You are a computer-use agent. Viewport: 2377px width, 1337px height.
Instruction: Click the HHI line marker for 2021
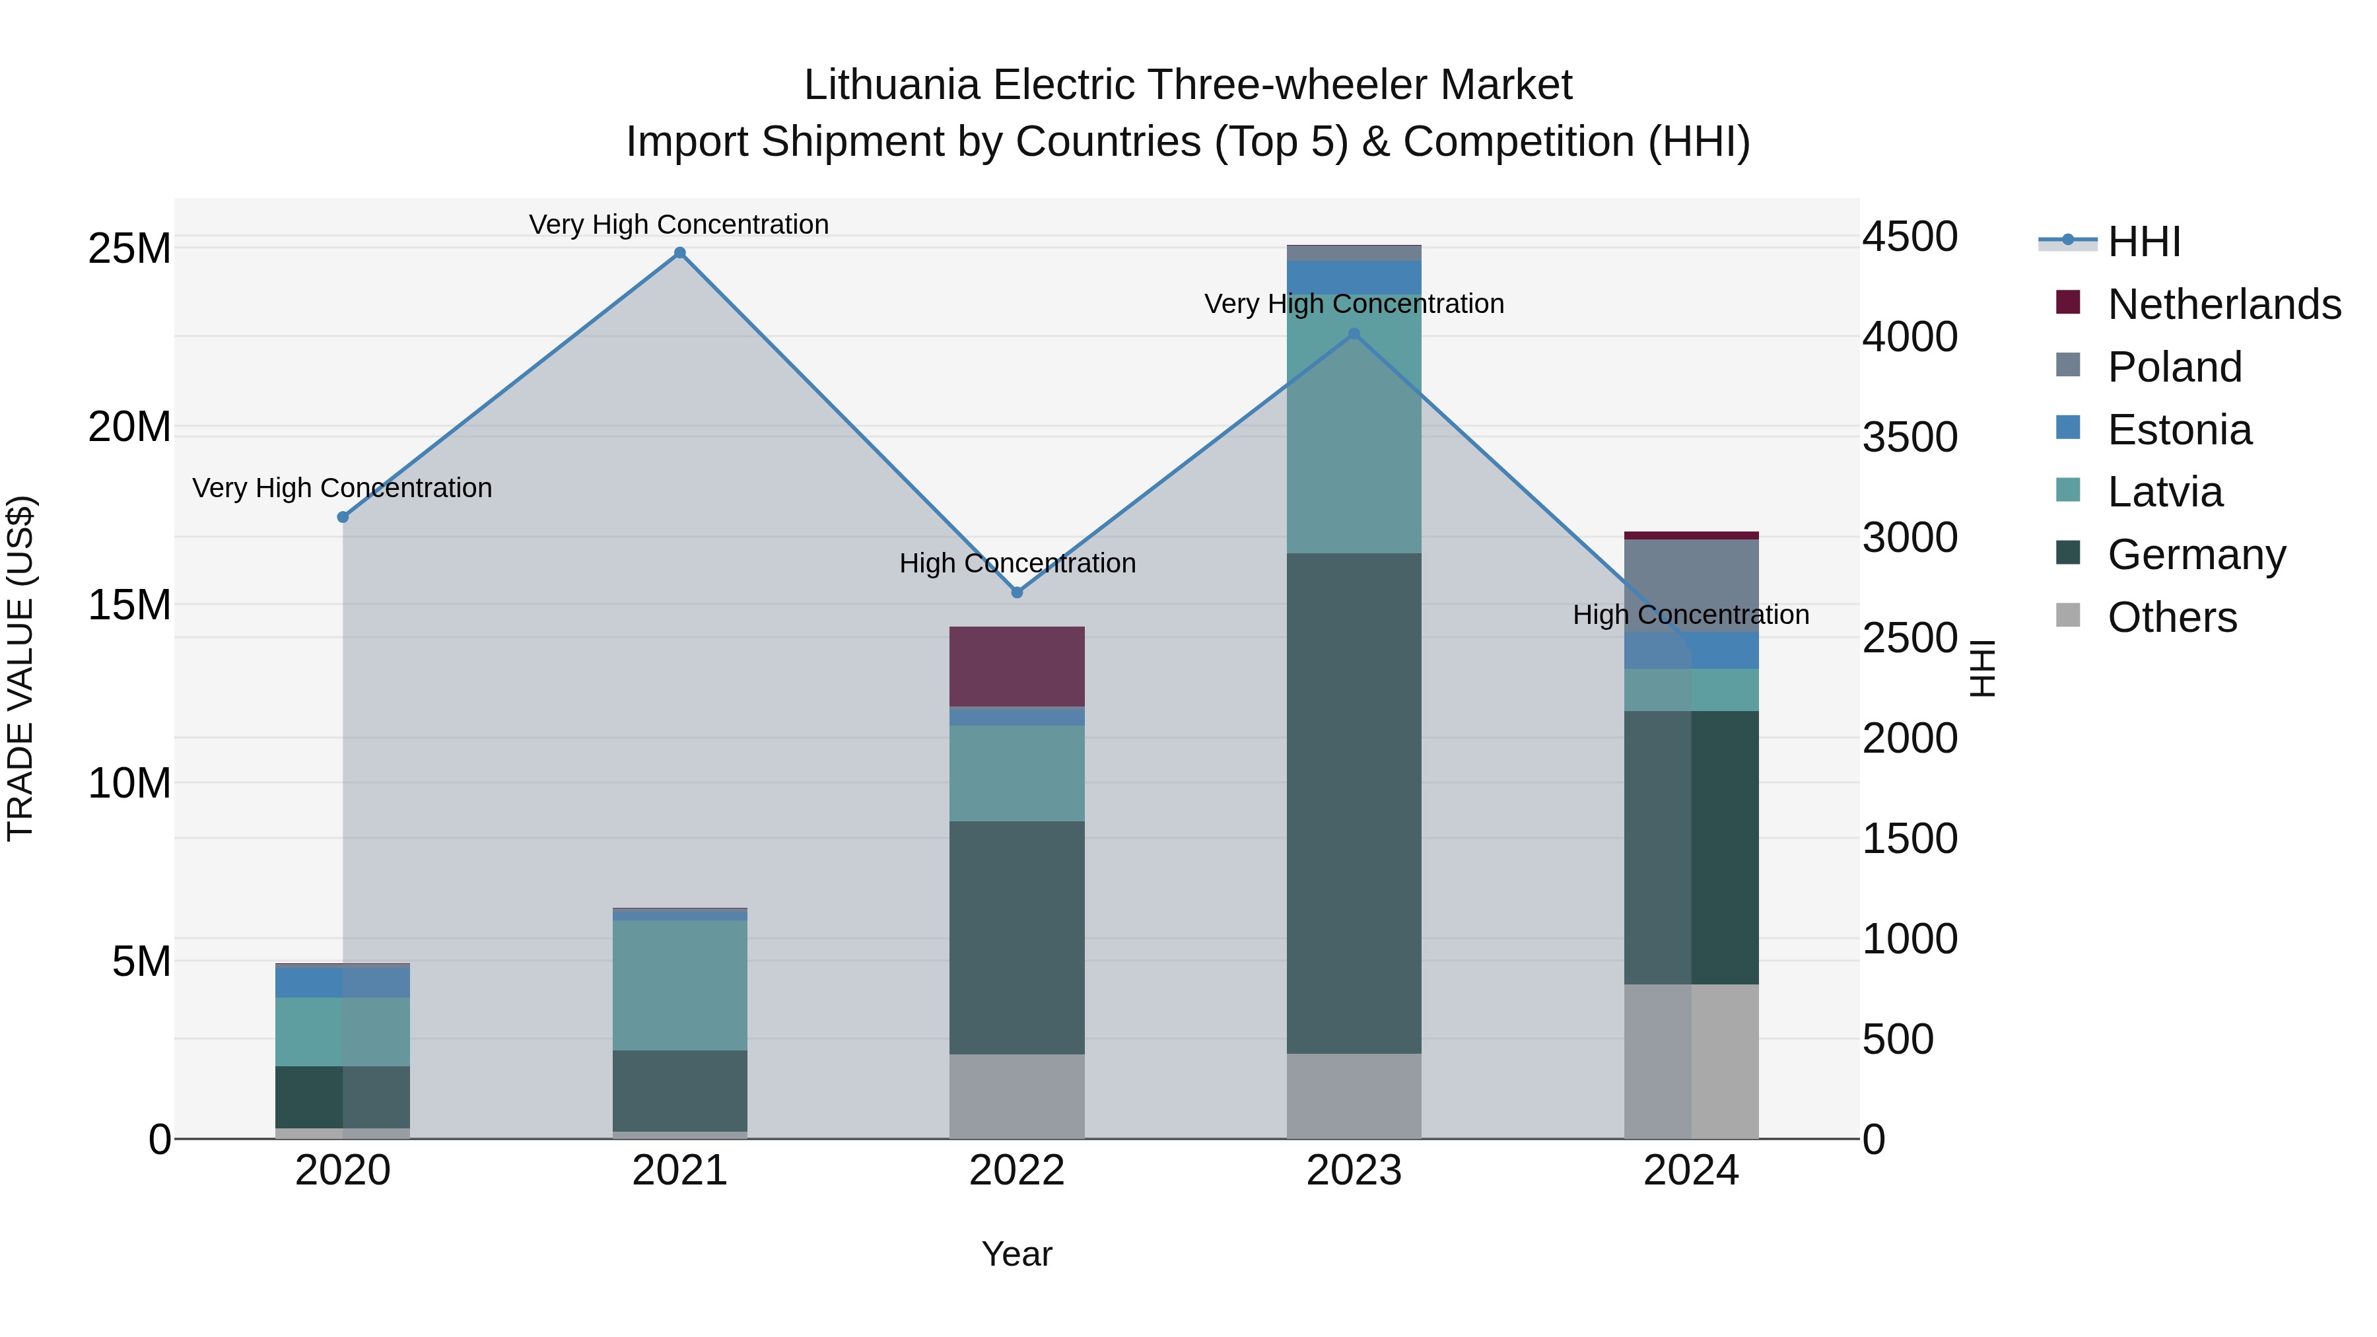679,253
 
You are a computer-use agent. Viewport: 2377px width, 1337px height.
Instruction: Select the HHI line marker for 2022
1017,592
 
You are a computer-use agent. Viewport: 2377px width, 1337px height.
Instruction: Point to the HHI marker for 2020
342,518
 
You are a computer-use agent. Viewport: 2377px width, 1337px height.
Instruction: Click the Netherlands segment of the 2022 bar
1017,666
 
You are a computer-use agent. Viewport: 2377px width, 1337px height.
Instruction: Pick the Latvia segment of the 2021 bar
679,984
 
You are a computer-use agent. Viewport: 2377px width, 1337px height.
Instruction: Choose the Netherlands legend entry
2224,304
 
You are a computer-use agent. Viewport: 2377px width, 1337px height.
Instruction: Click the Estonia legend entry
2180,430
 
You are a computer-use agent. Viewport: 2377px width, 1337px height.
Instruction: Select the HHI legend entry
2143,242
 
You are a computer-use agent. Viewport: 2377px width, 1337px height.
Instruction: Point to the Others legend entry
2172,617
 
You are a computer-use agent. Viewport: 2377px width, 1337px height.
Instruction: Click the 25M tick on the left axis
129,248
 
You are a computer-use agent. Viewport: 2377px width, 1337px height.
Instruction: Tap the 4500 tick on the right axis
1909,236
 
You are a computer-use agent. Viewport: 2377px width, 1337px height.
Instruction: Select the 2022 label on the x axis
1017,1171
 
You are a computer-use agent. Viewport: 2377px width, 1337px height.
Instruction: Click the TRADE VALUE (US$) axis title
20,668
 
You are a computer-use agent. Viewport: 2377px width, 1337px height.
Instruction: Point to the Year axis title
1017,1254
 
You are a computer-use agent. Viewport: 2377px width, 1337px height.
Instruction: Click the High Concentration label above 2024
1690,615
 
